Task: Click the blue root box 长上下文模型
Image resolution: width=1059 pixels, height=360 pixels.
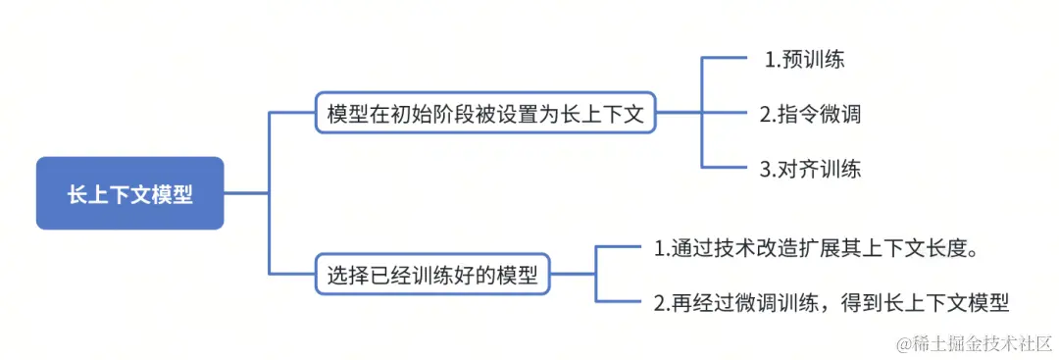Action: [x=130, y=193]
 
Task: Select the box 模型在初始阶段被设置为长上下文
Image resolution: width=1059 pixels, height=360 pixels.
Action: [x=485, y=114]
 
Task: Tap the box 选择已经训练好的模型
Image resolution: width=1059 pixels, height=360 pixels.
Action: [x=432, y=275]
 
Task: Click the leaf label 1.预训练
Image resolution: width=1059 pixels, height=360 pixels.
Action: [x=804, y=59]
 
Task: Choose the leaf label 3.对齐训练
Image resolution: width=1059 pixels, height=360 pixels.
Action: [x=810, y=168]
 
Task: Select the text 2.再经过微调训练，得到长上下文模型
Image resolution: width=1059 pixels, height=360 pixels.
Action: [x=832, y=302]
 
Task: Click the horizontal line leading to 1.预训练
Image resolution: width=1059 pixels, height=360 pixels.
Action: [x=726, y=59]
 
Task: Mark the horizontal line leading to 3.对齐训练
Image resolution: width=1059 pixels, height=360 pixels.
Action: [x=726, y=168]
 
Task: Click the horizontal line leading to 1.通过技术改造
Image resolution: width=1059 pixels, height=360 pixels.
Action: [x=619, y=248]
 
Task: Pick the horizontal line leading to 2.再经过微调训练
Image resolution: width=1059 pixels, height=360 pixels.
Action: [x=619, y=302]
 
